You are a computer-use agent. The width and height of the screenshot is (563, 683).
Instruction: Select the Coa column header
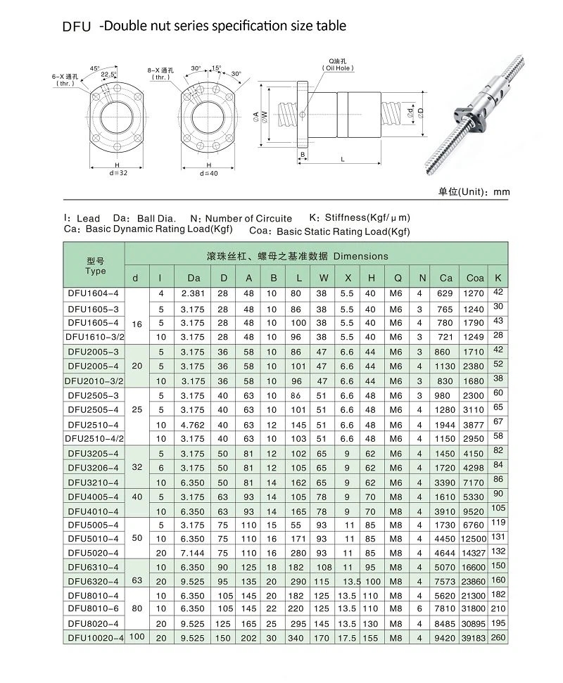tap(475, 278)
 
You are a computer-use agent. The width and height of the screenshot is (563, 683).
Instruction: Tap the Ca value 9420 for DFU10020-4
tap(445, 638)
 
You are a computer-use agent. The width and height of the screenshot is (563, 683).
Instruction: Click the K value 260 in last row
tap(499, 637)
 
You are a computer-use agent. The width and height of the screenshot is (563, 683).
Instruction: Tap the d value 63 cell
tap(137, 581)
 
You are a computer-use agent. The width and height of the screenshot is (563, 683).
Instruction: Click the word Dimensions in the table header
tap(360, 256)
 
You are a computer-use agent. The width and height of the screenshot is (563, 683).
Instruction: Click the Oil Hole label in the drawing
tap(338, 68)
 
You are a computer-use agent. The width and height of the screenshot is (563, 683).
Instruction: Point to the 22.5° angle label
tap(108, 75)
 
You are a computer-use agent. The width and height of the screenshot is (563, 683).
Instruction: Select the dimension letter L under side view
tap(342, 160)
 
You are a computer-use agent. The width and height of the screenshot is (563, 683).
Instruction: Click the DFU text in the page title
tap(76, 27)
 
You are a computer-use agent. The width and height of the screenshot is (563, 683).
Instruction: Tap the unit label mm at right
tap(502, 192)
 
